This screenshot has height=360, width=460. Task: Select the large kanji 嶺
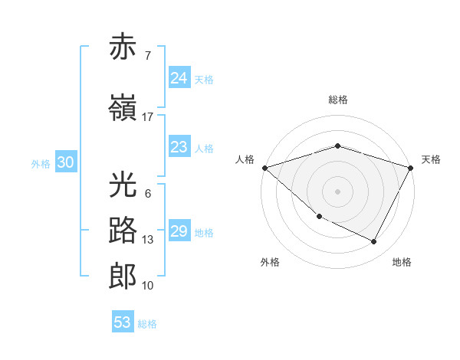point(123,107)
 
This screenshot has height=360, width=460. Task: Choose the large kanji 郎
point(123,276)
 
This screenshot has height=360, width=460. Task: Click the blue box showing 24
point(179,78)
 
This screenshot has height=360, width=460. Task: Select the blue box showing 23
point(179,147)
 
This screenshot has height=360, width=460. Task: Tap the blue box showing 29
point(179,231)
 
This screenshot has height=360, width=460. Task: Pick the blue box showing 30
point(65,162)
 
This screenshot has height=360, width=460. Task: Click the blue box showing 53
point(123,322)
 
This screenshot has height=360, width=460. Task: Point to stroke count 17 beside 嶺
point(148,117)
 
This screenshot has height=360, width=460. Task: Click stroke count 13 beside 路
point(148,240)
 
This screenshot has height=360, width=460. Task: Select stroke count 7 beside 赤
point(147,56)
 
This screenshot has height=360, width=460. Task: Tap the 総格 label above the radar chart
point(337,100)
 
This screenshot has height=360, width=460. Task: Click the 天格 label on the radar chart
point(431,159)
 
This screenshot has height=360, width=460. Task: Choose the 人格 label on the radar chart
point(245,159)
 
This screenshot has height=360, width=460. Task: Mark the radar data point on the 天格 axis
point(411,168)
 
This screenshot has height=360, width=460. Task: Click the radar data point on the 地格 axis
point(374,242)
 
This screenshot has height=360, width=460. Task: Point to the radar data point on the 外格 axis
point(319,217)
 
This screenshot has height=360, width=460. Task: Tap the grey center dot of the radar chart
point(337,191)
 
